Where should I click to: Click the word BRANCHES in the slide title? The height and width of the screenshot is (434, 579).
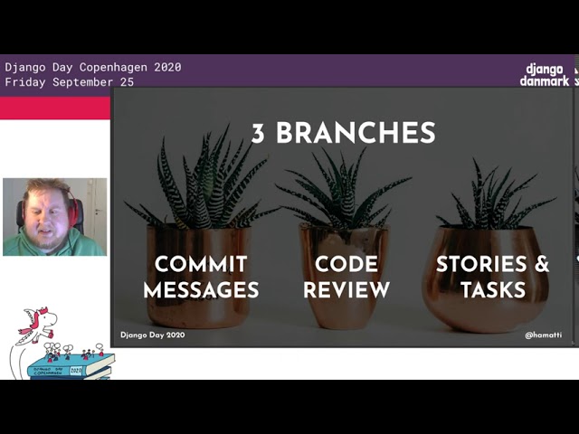356,133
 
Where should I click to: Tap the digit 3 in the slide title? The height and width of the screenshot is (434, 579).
258,133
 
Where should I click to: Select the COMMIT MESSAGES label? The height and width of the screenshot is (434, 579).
201,278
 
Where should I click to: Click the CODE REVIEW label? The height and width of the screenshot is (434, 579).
346,278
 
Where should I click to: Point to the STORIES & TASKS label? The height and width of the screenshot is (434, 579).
492,278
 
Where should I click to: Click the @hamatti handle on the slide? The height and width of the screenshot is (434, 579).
543,335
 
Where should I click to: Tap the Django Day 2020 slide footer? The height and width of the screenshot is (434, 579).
152,335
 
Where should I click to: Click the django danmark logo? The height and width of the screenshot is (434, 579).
545,74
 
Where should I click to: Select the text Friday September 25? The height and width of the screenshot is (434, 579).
70,81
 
